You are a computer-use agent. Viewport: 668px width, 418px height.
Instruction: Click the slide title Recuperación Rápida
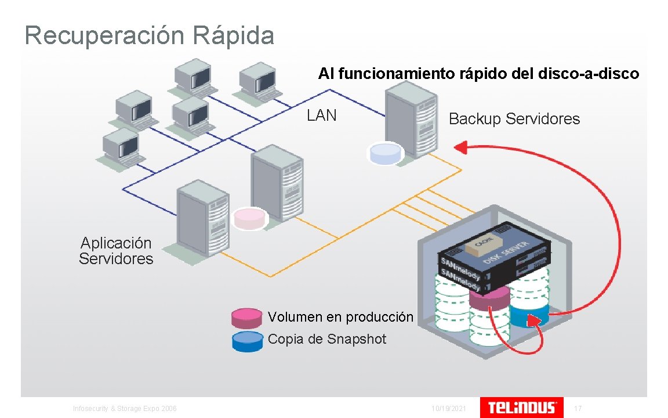[x=149, y=35]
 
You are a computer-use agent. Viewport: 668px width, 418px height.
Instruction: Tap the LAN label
[x=321, y=116]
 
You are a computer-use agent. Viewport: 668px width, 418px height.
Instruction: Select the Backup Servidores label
[x=514, y=119]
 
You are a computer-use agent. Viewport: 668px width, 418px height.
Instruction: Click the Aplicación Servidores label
[x=116, y=251]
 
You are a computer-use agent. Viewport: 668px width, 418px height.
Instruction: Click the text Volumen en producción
[x=340, y=317]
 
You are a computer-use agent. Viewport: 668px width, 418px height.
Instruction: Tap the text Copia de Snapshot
[x=326, y=339]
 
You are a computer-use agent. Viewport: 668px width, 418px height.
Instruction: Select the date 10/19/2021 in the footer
[x=449, y=409]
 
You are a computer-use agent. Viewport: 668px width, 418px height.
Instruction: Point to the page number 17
[x=578, y=409]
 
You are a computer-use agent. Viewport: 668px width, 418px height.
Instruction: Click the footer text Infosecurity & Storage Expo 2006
[x=125, y=409]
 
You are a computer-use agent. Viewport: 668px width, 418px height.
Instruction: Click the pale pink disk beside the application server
[x=249, y=218]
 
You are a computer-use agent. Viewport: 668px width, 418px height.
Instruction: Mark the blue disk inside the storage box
[x=529, y=316]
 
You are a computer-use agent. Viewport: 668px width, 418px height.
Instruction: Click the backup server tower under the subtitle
[x=411, y=119]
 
